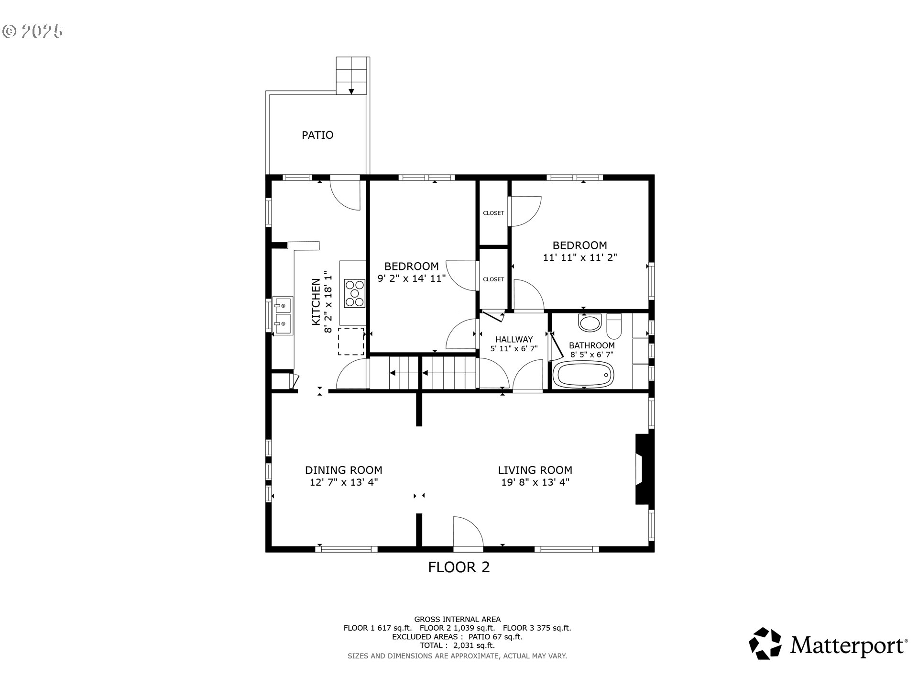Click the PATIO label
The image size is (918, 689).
317,135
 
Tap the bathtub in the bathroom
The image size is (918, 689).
583,374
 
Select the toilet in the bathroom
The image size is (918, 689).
613,326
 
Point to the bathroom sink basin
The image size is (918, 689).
590,322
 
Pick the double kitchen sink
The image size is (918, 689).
282,315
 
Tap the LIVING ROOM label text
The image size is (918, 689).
535,470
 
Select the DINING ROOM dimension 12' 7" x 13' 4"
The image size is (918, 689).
344,482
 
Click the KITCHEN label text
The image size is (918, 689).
316,302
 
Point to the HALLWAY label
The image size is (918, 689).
514,339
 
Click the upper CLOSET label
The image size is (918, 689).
493,213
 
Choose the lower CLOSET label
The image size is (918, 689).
493,279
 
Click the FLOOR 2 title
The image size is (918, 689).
459,567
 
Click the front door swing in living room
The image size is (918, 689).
468,532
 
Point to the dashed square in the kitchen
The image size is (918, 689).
351,341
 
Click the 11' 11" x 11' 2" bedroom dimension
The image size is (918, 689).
580,257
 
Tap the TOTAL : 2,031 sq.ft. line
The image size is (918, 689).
457,645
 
